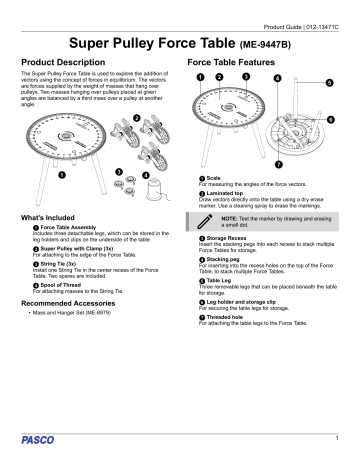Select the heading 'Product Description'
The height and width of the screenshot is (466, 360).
[63, 62]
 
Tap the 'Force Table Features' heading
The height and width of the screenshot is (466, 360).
[237, 62]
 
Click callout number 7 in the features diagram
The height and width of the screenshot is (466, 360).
[278, 161]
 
